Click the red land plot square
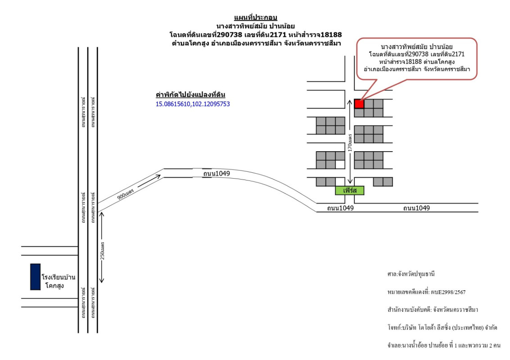coord(359,103)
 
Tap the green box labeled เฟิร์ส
coord(349,190)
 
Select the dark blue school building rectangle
coord(35,277)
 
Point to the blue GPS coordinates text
coord(193,104)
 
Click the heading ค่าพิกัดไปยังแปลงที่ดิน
coord(190,95)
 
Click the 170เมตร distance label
coord(349,141)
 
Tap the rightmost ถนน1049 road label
coord(416,208)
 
